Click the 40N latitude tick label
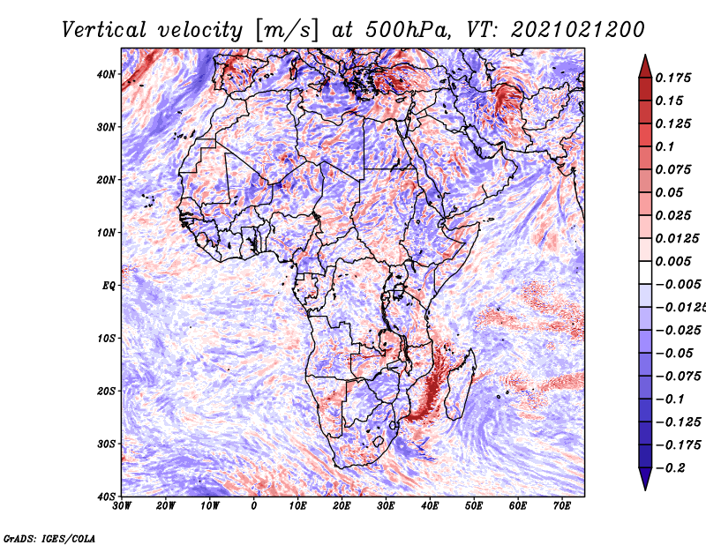coord(106,74)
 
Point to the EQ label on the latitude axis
coord(109,286)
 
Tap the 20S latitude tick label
coord(106,391)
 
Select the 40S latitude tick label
coord(106,496)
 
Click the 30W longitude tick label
coord(122,506)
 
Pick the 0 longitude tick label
coord(254,506)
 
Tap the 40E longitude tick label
coord(430,506)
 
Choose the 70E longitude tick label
coord(562,506)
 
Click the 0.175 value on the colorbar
coord(672,78)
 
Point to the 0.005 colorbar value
coord(672,261)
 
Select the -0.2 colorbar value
coord(671,467)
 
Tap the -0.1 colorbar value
coord(671,399)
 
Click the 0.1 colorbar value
coord(665,146)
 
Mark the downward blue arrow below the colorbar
coord(645,479)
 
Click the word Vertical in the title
coord(104,30)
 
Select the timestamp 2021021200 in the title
coord(578,30)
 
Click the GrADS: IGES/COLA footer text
coord(49,538)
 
